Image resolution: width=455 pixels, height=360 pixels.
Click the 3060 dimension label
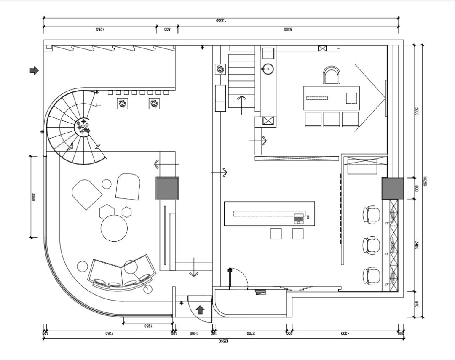pos(33,197)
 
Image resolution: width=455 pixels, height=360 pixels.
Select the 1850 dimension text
pos(147,326)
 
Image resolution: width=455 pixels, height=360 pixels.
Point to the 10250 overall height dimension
pos(426,181)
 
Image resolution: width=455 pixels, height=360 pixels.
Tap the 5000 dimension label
pos(416,112)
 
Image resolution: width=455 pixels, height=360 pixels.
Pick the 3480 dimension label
pos(416,245)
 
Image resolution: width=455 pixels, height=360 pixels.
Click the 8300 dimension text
pos(288,29)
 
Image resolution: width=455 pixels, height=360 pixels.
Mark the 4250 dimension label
pos(100,29)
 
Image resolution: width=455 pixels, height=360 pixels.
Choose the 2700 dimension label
pos(251,333)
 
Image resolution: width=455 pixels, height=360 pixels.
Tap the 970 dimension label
pos(416,304)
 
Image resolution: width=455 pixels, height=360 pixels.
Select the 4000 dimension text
pos(345,333)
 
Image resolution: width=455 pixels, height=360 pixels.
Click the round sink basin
pos(267,68)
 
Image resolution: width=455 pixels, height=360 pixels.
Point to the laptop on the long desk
pos(299,219)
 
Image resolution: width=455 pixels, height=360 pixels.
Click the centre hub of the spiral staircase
pos(83,127)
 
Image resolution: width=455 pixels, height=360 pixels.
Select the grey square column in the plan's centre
pos(167,188)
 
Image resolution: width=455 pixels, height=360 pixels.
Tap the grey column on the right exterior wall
pos(392,188)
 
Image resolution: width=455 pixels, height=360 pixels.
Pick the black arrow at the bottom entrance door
pos(200,310)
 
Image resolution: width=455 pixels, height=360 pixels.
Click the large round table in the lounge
pos(114,228)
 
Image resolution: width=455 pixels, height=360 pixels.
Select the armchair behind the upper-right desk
pos(332,76)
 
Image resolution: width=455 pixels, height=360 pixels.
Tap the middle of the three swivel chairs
pos(371,245)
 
